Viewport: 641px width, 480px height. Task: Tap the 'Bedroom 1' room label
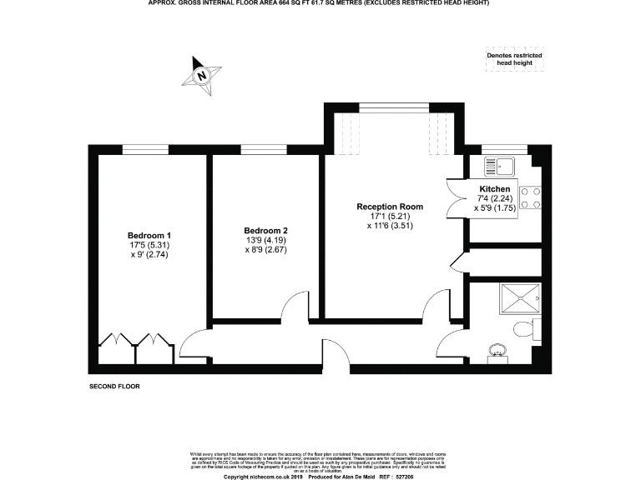149,235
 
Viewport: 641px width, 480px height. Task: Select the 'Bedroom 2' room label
265,230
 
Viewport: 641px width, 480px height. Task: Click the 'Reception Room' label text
389,206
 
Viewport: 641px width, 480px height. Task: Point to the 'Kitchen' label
494,189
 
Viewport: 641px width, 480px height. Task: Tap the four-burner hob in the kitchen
529,197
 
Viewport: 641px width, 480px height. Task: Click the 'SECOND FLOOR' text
114,387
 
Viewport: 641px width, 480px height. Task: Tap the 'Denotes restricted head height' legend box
514,59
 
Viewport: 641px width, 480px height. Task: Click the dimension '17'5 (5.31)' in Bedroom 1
149,245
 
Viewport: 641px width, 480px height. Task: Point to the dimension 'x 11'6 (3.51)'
390,226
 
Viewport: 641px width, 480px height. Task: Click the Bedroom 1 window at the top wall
147,149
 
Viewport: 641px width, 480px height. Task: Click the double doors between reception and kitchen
456,198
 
